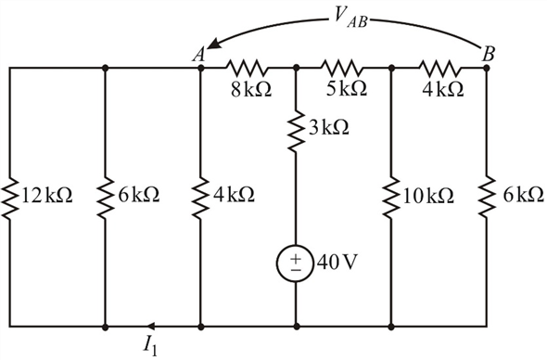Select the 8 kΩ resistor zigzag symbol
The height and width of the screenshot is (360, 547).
coord(248,68)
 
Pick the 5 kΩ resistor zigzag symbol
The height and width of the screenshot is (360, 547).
coord(343,68)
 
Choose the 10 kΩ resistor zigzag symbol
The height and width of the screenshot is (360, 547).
coord(391,196)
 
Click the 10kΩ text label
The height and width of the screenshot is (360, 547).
coord(427,197)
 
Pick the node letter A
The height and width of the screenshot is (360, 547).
coord(198,53)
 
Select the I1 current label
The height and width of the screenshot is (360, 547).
coord(150,345)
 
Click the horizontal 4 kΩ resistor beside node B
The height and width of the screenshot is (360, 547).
coord(439,68)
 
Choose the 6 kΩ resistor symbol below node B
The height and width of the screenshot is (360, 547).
coord(487,196)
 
